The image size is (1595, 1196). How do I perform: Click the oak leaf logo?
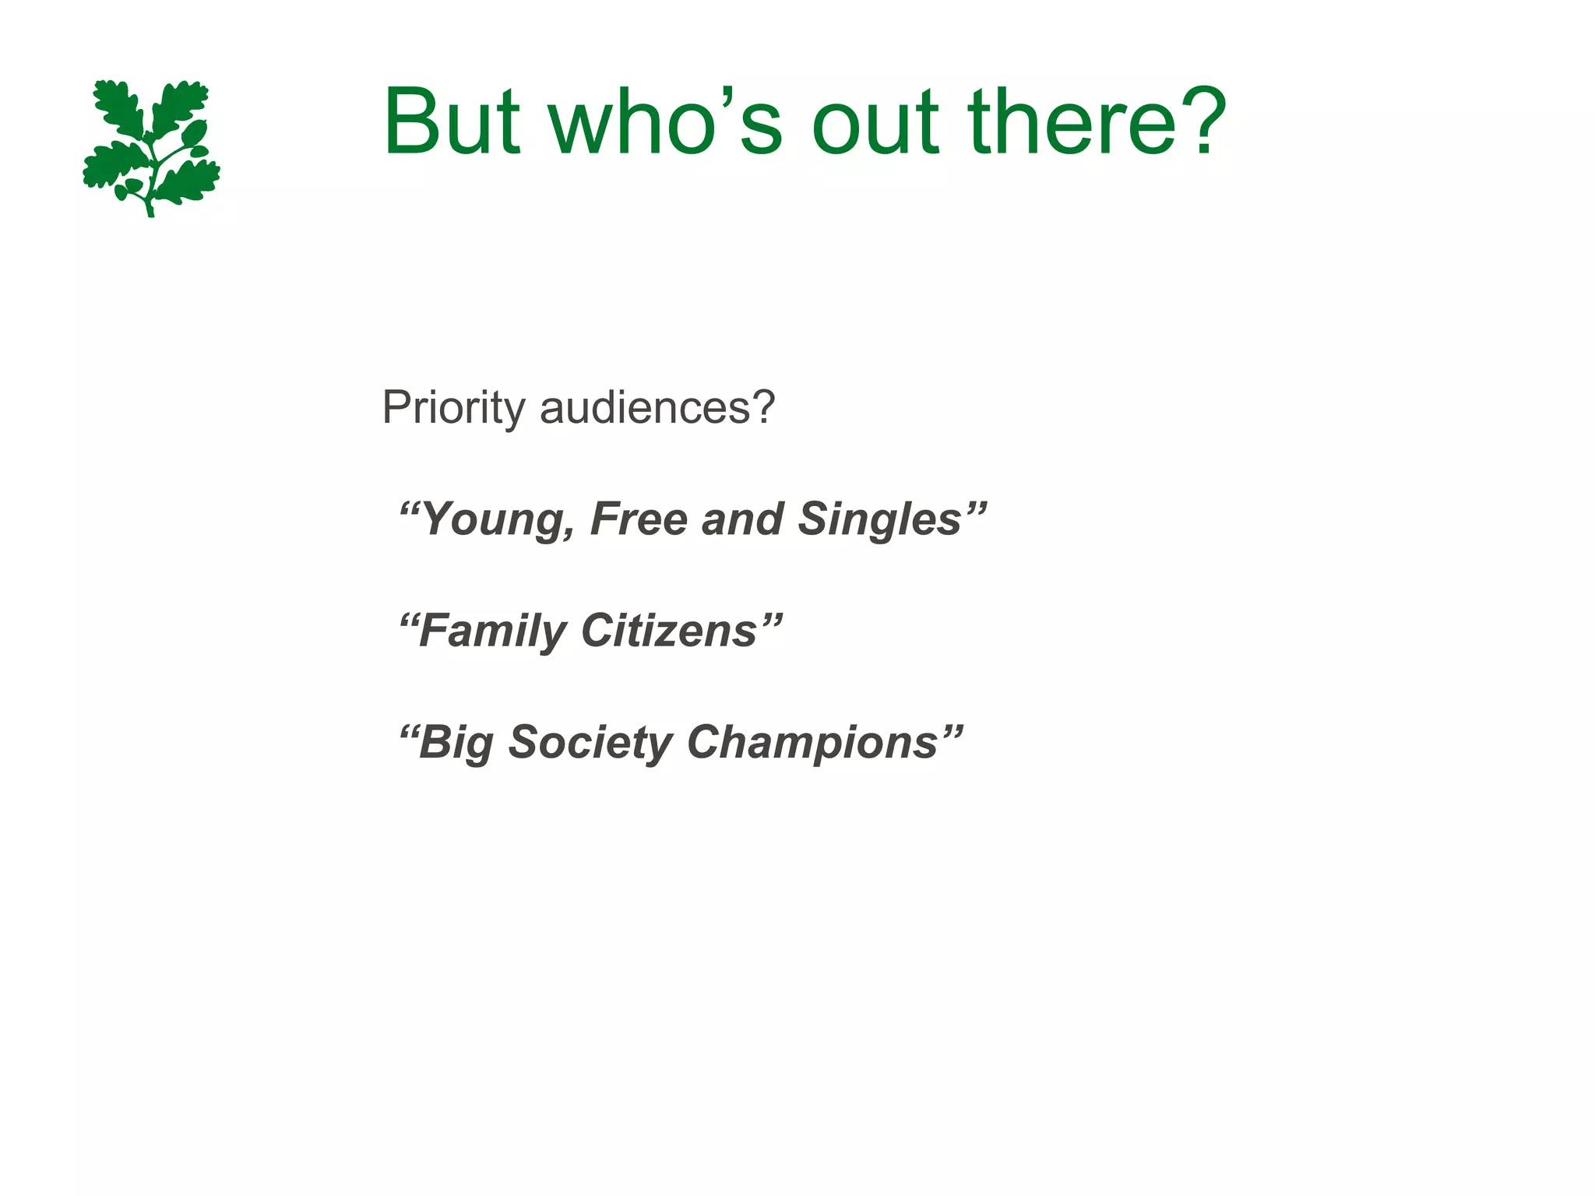click(151, 147)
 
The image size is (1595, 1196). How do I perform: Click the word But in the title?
click(451, 122)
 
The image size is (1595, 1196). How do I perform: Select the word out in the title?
click(875, 122)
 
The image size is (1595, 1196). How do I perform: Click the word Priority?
click(453, 407)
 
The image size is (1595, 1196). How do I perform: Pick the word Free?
click(638, 519)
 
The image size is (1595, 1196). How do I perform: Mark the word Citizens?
click(669, 631)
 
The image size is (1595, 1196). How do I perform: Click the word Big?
click(456, 743)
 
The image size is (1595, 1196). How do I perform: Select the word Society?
click(590, 743)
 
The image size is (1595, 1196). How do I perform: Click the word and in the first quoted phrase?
click(741, 519)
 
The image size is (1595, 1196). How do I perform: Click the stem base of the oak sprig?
click(150, 210)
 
